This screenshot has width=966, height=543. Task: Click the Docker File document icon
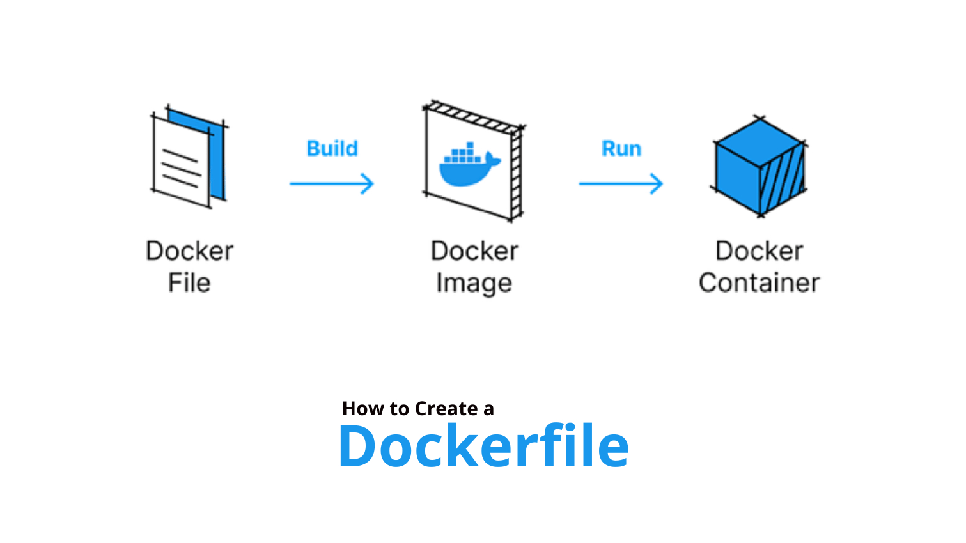(x=185, y=160)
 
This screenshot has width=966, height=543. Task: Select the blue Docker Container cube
(x=759, y=167)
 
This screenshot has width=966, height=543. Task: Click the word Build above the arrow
(x=332, y=148)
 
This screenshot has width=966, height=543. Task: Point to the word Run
(x=621, y=148)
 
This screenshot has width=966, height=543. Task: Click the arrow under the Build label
(x=331, y=184)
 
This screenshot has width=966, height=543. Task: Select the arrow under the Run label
(x=621, y=184)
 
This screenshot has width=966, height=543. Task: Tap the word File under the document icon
(x=189, y=282)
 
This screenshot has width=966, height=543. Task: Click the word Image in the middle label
(x=474, y=283)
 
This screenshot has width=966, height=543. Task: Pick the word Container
(x=759, y=282)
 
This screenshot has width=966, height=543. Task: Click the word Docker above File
(x=189, y=251)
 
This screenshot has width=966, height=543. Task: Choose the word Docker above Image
(x=474, y=251)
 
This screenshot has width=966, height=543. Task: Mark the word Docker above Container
(x=759, y=251)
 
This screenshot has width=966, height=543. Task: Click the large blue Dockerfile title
(x=483, y=446)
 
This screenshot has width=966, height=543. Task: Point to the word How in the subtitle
(x=363, y=409)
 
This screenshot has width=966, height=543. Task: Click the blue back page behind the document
(x=217, y=160)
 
